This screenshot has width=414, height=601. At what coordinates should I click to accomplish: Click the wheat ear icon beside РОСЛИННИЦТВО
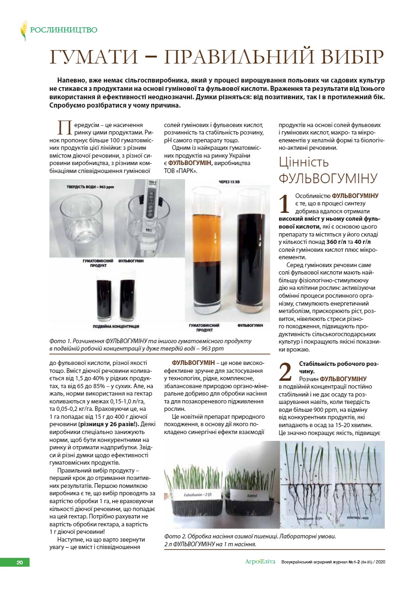click(23, 30)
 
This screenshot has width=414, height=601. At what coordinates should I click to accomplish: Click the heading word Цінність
click(304, 162)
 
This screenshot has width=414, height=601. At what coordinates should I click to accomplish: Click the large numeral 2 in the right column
click(285, 372)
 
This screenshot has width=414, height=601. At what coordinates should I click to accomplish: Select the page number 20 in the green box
click(19, 563)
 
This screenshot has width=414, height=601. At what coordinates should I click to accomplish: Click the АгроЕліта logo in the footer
click(260, 562)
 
